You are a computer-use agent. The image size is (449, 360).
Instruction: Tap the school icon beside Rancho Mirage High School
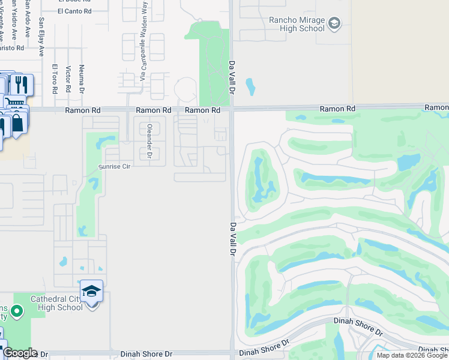pyautogui.click(x=334, y=24)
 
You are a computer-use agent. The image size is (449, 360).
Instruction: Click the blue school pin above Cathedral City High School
pyautogui.click(x=91, y=292)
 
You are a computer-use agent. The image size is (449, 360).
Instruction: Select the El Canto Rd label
pyautogui.click(x=75, y=11)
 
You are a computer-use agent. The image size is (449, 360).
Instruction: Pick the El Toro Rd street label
pyautogui.click(x=55, y=79)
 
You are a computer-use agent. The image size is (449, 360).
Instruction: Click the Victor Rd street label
pyautogui.click(x=68, y=79)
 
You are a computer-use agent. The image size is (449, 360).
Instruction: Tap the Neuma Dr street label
pyautogui.click(x=82, y=79)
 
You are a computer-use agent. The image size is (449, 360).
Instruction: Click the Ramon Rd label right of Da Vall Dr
pyautogui.click(x=338, y=109)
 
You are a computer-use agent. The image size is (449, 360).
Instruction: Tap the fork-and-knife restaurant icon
pyautogui.click(x=22, y=83)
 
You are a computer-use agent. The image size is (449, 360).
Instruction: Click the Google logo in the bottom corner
pyautogui.click(x=19, y=353)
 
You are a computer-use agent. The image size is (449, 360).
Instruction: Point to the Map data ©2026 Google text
pyautogui.click(x=412, y=355)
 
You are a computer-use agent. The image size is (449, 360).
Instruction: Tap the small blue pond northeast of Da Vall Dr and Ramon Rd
pyautogui.click(x=250, y=88)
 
